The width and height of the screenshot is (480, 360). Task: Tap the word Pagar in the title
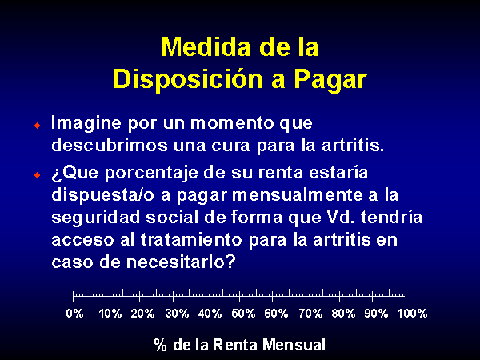pyautogui.click(x=330, y=79)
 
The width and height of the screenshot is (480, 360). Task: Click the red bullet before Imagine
pyautogui.click(x=38, y=126)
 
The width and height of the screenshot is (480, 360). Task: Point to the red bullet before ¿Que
pyautogui.click(x=38, y=175)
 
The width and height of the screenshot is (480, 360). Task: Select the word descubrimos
pyautogui.click(x=110, y=145)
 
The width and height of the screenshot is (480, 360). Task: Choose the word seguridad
pyautogui.click(x=95, y=218)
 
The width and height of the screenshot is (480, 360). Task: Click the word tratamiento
pyautogui.click(x=191, y=239)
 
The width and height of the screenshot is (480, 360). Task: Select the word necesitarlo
pyautogui.click(x=181, y=262)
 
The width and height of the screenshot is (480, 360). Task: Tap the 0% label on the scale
pyautogui.click(x=74, y=314)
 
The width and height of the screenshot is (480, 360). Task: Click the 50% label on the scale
pyautogui.click(x=243, y=314)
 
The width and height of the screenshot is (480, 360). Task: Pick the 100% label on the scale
pyautogui.click(x=412, y=314)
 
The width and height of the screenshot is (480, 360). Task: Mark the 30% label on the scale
pyautogui.click(x=177, y=314)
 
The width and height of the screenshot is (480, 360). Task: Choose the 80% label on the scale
pyautogui.click(x=343, y=314)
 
